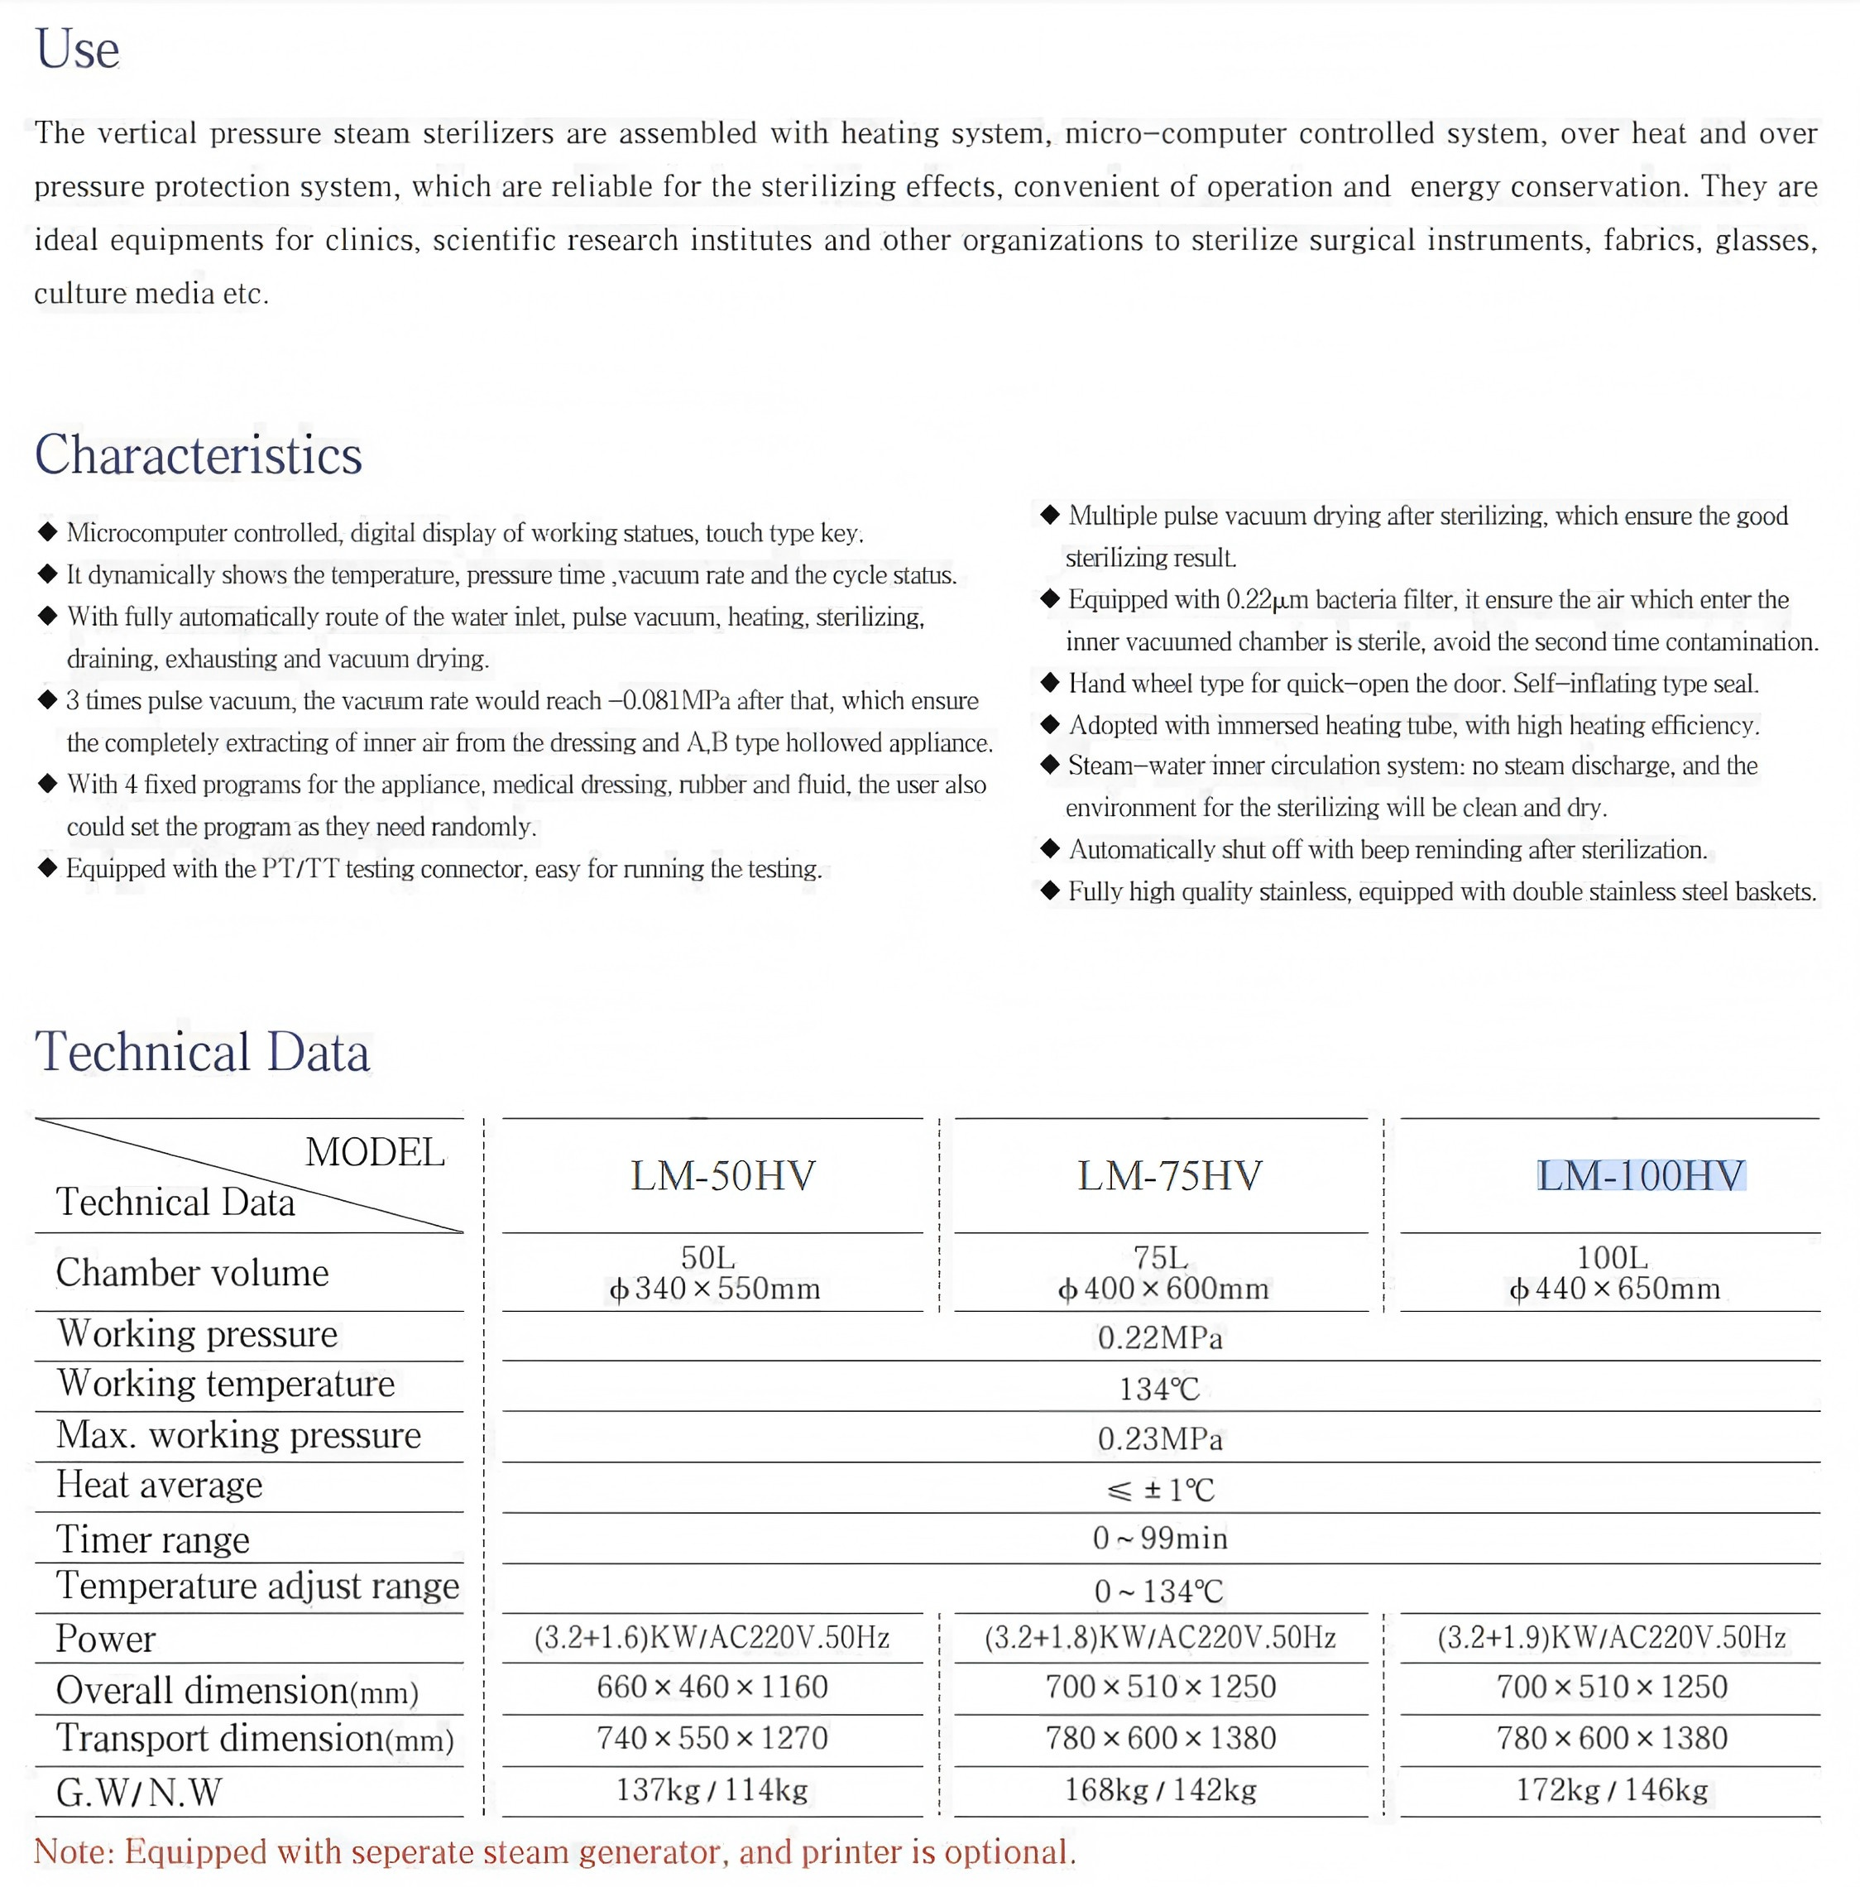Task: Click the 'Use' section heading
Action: (x=77, y=49)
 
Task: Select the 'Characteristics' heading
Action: (x=199, y=455)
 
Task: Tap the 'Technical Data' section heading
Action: (x=202, y=1052)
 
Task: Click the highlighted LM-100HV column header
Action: (x=1640, y=1175)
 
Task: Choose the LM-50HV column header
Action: (x=722, y=1175)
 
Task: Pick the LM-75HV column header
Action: (x=1170, y=1175)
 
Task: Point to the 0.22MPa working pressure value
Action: (x=1160, y=1337)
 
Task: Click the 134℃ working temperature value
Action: (x=1160, y=1388)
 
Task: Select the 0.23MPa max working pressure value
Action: (x=1160, y=1438)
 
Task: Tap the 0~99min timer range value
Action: (x=1160, y=1539)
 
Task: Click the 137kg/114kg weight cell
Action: (x=712, y=1789)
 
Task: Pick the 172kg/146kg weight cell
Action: (x=1612, y=1789)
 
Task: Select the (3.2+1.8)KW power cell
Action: (x=1160, y=1637)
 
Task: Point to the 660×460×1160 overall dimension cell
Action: (x=712, y=1687)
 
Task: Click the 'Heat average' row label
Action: (x=159, y=1485)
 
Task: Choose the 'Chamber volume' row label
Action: (x=192, y=1273)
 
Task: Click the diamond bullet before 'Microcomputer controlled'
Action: (x=47, y=531)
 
